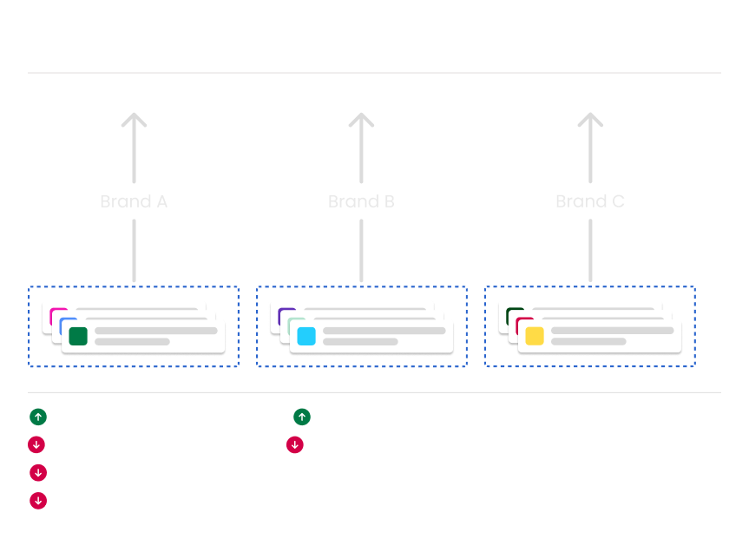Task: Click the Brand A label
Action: click(x=134, y=201)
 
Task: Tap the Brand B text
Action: click(x=361, y=201)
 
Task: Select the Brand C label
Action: click(x=590, y=201)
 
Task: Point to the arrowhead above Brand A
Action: click(x=134, y=120)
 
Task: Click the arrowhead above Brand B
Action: click(x=361, y=120)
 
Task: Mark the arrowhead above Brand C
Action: click(x=590, y=120)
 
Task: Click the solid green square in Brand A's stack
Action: click(x=78, y=336)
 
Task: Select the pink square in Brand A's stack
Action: click(x=57, y=312)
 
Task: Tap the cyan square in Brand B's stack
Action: click(x=306, y=336)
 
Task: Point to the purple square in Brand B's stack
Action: click(x=284, y=313)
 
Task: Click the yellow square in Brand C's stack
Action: click(x=535, y=336)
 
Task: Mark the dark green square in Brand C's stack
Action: click(x=513, y=312)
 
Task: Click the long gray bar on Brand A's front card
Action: click(x=155, y=331)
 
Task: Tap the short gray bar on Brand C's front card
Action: click(x=588, y=342)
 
